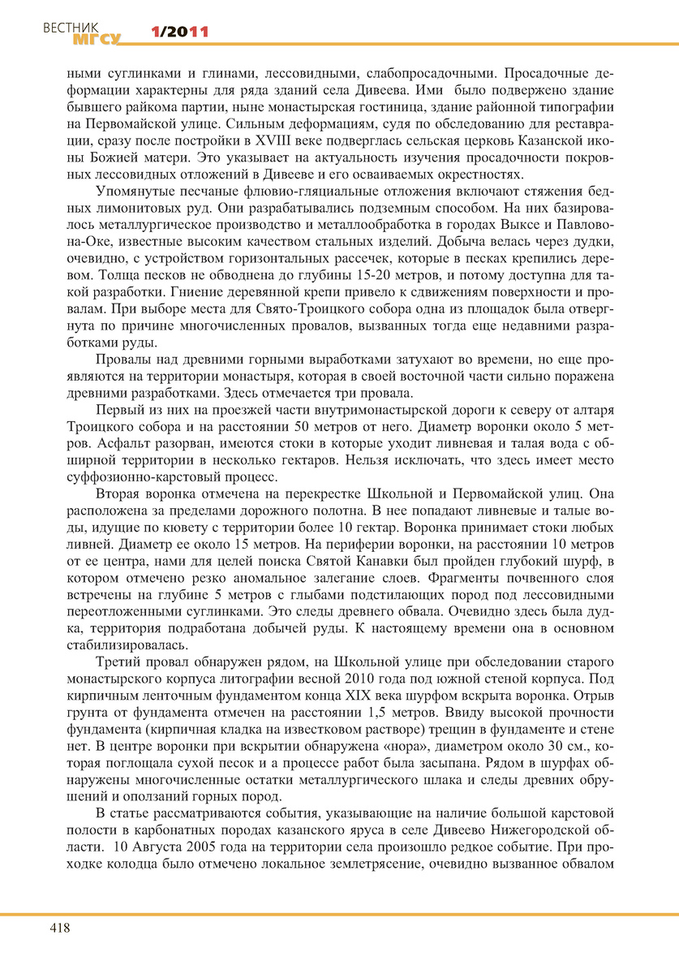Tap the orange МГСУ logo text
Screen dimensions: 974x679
coord(96,38)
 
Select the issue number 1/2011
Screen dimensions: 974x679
coord(180,32)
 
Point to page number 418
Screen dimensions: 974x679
coord(60,929)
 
